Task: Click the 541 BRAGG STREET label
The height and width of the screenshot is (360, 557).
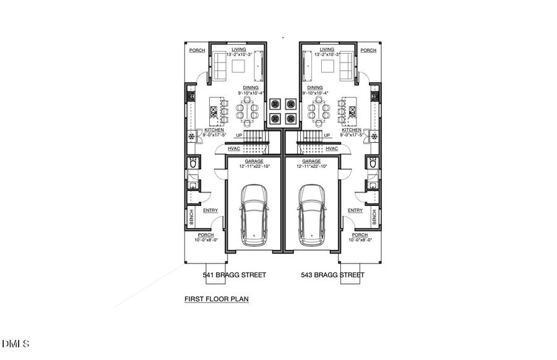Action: [x=235, y=275]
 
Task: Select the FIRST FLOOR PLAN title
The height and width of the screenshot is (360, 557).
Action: [x=216, y=299]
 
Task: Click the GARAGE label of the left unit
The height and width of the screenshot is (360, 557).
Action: [x=254, y=161]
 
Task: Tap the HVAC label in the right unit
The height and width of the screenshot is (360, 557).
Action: [x=332, y=148]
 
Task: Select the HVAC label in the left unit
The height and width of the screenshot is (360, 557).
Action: [x=234, y=148]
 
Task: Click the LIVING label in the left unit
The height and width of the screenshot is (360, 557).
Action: [x=238, y=49]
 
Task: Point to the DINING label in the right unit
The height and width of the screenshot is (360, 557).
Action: [x=314, y=88]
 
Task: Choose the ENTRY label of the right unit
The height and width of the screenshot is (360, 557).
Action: [x=355, y=210]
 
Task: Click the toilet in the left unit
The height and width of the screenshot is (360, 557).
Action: [x=192, y=163]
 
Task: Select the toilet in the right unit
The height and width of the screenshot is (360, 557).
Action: [x=373, y=163]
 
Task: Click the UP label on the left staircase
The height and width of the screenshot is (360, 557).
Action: [x=238, y=135]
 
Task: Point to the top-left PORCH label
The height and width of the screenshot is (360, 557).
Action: [x=196, y=51]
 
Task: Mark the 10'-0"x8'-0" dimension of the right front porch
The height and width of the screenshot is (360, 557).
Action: [x=360, y=240]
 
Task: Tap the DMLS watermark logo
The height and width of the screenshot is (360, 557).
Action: [x=15, y=343]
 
